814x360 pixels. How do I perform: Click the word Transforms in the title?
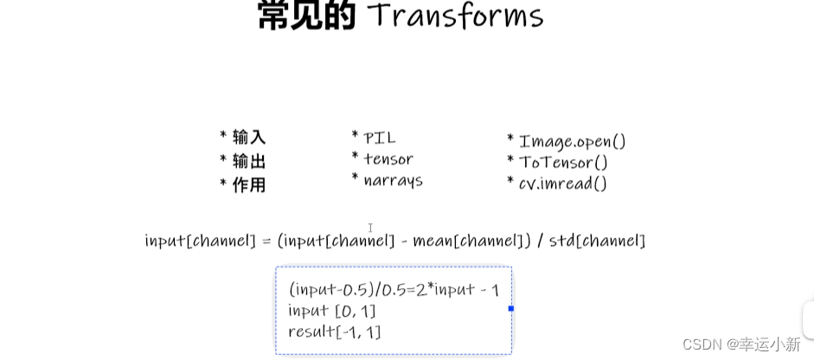point(456,16)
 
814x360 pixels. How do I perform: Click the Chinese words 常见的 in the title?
point(307,16)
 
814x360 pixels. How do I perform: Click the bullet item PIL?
point(379,138)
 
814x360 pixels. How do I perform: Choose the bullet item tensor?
point(388,159)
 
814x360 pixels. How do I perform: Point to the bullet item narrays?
point(393,180)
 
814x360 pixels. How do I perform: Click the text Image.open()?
point(572,141)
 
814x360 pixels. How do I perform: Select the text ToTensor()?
point(563,163)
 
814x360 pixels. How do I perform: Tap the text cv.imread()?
point(562,183)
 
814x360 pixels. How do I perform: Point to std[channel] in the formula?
point(597,241)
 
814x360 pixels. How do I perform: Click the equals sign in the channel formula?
point(266,241)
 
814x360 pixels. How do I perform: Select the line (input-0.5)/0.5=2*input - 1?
point(394,289)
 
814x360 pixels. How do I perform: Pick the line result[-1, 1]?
point(335,331)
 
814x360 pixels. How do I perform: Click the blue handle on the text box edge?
point(511,308)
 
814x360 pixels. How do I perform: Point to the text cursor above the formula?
point(370,228)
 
